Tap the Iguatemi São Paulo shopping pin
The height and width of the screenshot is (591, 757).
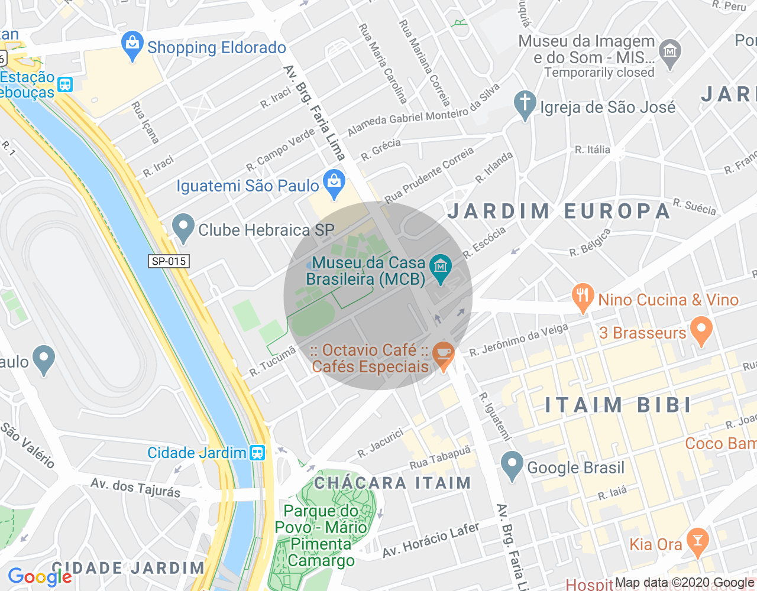coord(334,184)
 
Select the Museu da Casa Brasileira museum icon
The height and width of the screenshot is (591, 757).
coord(440,269)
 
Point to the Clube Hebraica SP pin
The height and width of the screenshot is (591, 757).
coord(183,228)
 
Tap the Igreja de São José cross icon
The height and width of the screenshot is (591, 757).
coord(525,105)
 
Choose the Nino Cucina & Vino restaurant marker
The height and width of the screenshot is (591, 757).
coord(583,298)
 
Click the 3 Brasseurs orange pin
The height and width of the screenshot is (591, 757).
coord(701,331)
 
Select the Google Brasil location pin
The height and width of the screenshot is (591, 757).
coord(512,465)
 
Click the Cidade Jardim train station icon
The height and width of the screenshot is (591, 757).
coord(257,453)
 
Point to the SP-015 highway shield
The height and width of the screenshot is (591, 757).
coord(169,261)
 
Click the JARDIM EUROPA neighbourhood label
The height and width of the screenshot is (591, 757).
coord(558,211)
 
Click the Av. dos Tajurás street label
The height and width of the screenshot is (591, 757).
coord(135,488)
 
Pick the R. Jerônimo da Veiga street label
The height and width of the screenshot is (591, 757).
coord(519,340)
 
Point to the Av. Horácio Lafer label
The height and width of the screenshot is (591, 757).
coord(431,540)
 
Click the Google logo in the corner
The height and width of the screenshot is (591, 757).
coord(40,577)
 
